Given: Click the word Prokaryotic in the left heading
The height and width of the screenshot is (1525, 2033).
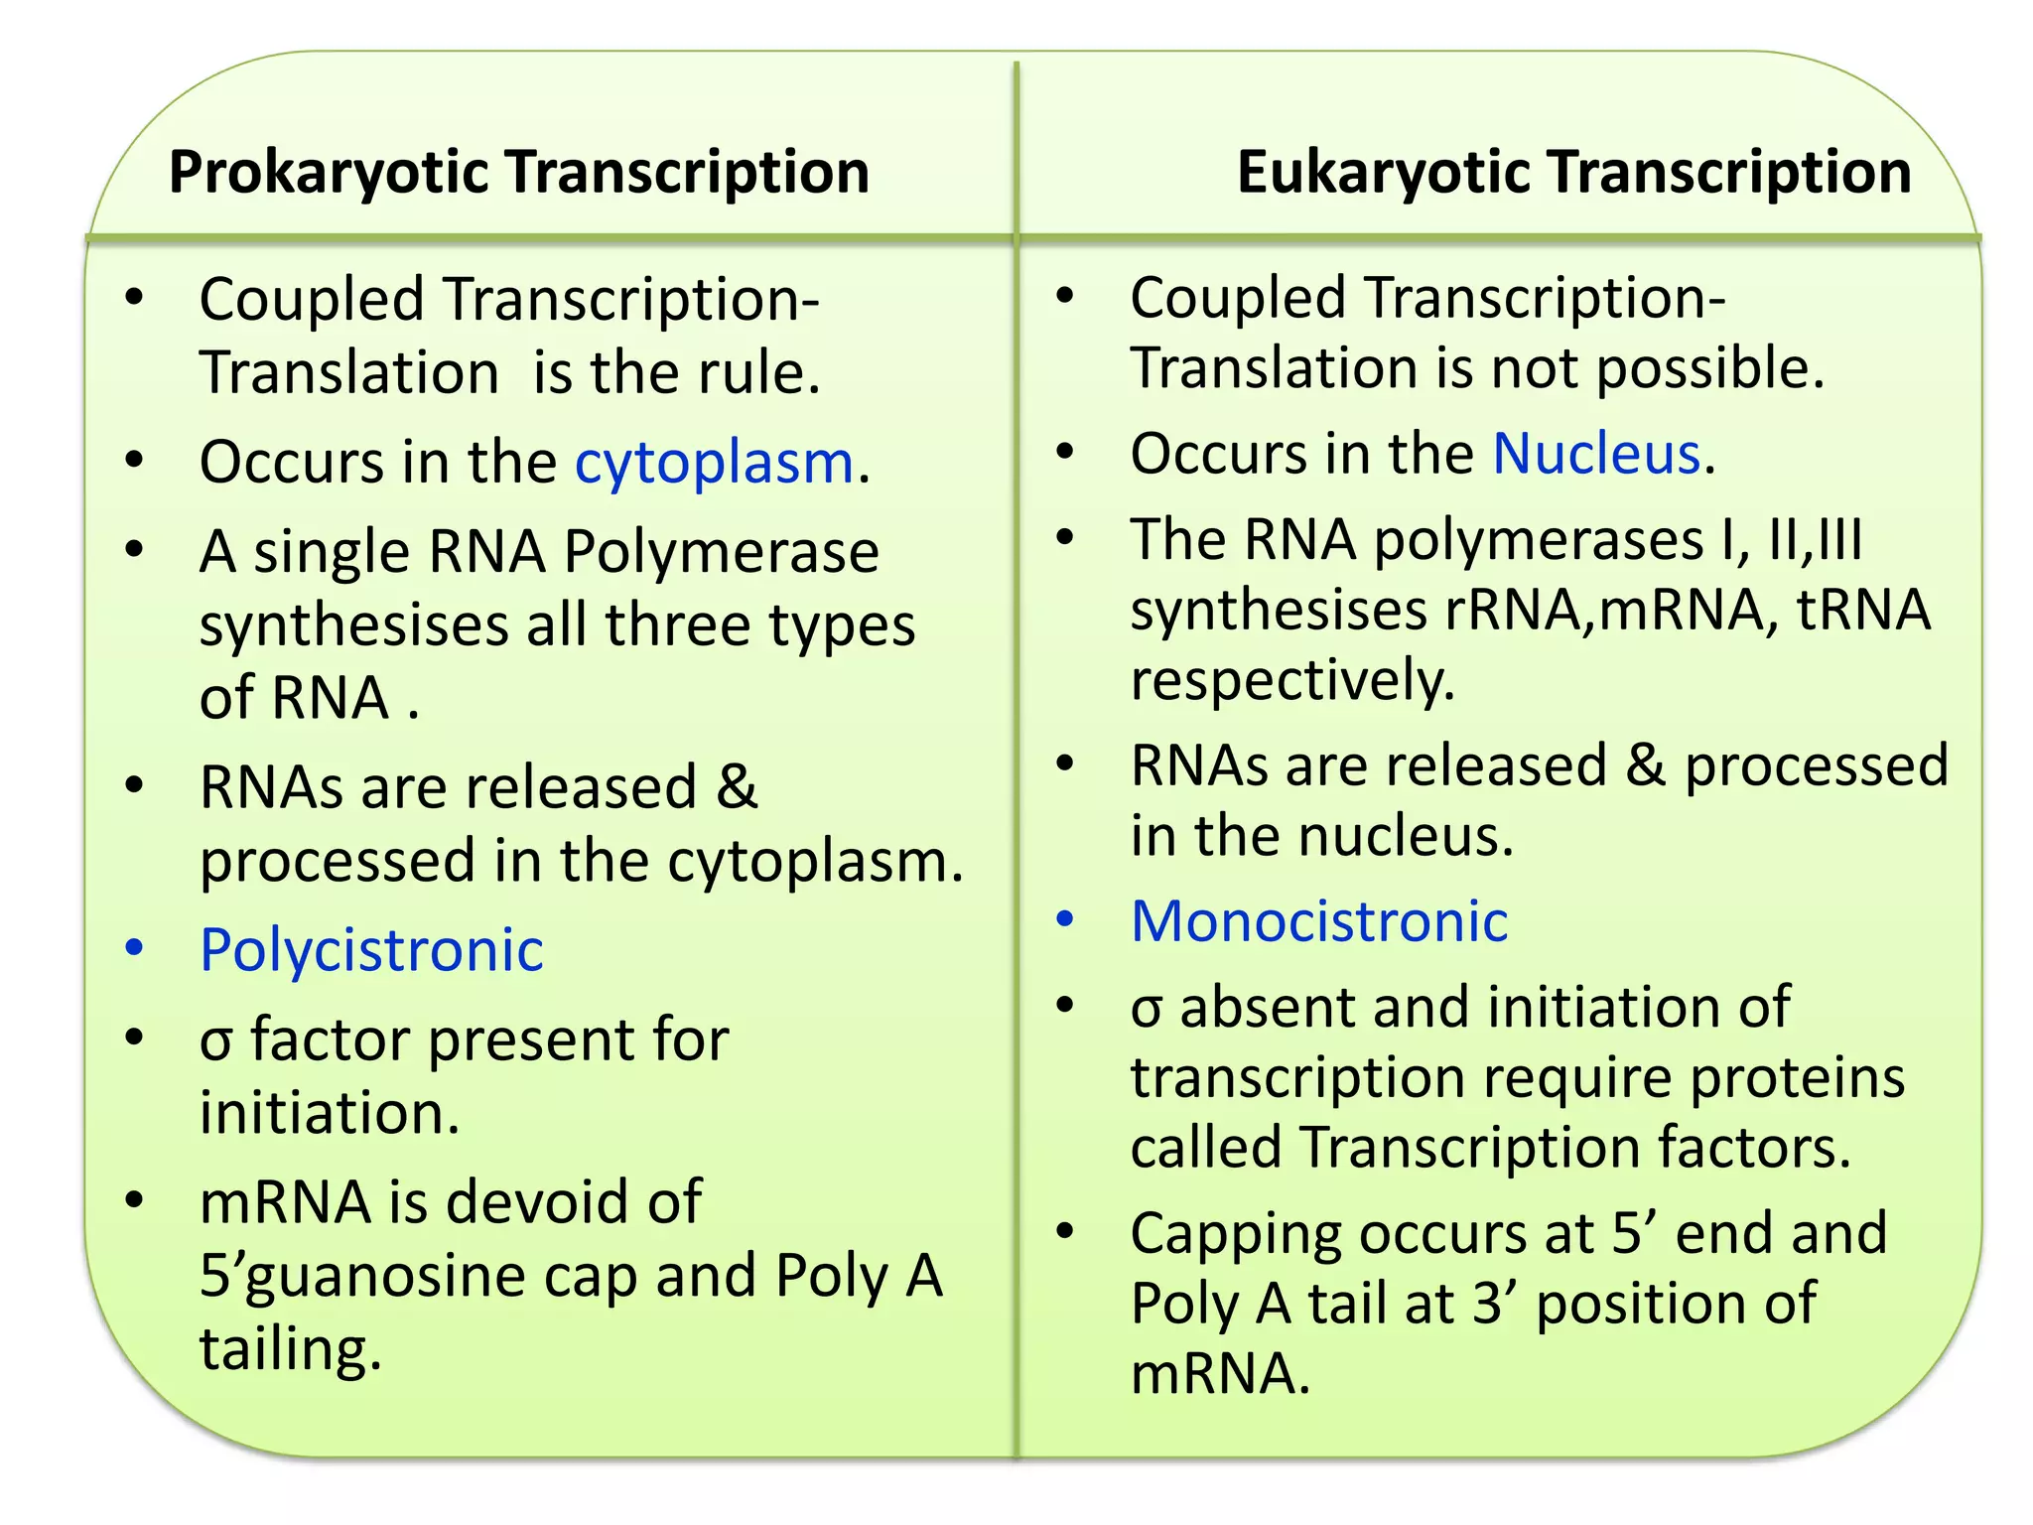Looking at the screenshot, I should tap(329, 173).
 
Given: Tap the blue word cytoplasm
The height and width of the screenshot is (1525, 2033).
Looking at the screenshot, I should tap(714, 463).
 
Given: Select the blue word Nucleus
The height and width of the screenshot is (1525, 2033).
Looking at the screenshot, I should tap(1596, 454).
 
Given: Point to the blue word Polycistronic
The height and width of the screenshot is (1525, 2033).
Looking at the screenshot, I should tap(371, 950).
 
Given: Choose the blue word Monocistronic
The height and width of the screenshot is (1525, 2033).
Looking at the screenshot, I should tap(1319, 921).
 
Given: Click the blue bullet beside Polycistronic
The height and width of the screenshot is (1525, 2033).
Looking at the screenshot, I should tap(135, 948).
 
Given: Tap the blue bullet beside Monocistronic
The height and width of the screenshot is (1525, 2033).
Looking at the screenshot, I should tap(1065, 919).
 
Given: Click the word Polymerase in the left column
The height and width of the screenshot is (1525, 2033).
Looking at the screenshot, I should tap(721, 552).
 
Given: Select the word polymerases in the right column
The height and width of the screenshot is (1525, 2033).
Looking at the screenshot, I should tap(1539, 541).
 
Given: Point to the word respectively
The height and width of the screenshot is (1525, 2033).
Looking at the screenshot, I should tap(1291, 681).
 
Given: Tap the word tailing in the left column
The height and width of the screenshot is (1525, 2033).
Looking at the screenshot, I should tap(289, 1350).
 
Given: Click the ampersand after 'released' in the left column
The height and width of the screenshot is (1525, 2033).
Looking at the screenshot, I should tap(736, 787).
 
